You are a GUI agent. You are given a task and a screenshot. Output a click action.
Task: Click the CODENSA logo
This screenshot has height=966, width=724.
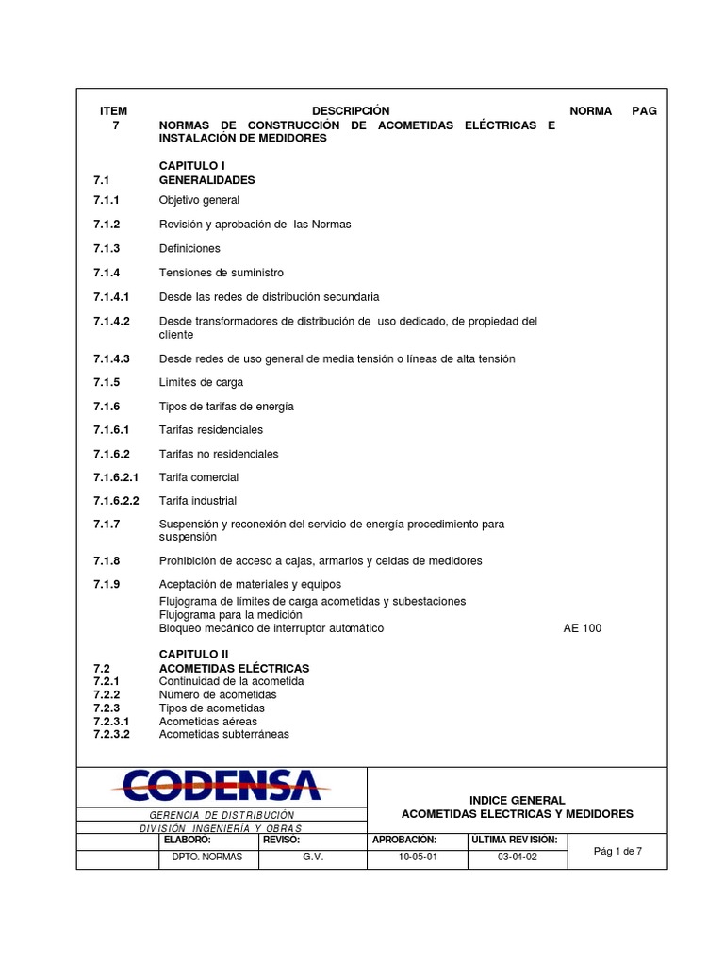click(x=220, y=785)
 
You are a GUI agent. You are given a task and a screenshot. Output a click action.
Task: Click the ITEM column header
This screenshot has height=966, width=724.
click(x=113, y=111)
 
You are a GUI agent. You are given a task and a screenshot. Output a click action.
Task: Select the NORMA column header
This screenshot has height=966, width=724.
click(x=591, y=111)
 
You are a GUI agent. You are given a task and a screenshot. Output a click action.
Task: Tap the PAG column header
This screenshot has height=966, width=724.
click(x=645, y=111)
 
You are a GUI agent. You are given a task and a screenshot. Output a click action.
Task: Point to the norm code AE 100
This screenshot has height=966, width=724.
click(x=582, y=628)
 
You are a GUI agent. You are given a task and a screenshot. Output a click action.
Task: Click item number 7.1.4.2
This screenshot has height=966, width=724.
click(x=112, y=322)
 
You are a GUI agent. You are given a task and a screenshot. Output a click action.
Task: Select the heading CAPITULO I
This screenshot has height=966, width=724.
click(x=192, y=166)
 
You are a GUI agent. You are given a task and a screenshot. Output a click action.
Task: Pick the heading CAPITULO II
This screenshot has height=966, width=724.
click(x=193, y=654)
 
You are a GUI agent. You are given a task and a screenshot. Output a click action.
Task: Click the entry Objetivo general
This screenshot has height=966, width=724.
click(x=199, y=200)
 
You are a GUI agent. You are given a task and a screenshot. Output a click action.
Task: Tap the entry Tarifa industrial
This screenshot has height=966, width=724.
click(x=198, y=501)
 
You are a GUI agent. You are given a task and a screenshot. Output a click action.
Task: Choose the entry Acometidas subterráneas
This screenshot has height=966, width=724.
click(x=224, y=734)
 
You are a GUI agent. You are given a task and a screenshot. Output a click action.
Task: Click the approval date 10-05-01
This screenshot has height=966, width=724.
click(x=418, y=858)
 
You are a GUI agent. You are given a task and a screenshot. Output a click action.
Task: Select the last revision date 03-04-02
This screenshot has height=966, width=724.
click(x=517, y=858)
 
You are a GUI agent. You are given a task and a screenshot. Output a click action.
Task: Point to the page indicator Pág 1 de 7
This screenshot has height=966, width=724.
click(x=617, y=851)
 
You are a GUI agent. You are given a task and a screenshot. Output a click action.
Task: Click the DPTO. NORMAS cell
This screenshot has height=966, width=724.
click(x=207, y=858)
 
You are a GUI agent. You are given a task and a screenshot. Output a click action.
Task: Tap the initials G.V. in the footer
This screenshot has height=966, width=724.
click(x=313, y=858)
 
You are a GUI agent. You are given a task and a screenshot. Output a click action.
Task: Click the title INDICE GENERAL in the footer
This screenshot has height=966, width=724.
click(x=517, y=800)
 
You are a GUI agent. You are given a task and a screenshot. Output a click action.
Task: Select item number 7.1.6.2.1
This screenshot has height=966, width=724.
click(x=116, y=477)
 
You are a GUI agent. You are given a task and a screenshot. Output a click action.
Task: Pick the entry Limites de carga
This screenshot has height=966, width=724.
click(x=201, y=382)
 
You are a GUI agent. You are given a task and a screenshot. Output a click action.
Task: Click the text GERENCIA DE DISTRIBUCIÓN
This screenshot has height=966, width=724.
click(x=222, y=815)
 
